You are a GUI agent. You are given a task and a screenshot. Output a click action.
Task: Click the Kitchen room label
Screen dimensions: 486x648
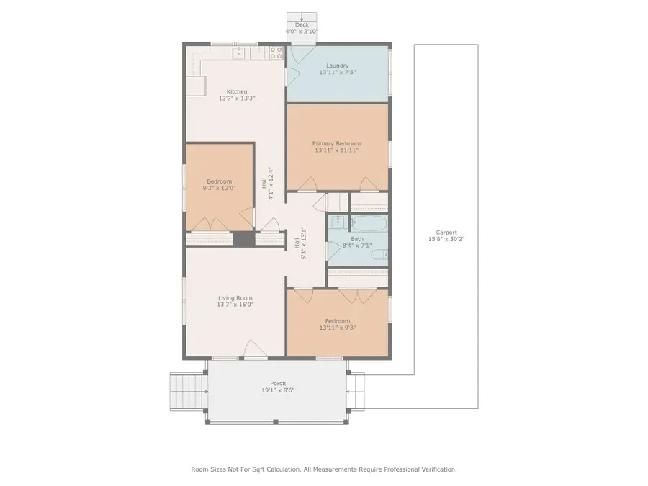[237, 91]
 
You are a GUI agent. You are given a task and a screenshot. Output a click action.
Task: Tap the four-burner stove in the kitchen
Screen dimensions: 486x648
[276, 53]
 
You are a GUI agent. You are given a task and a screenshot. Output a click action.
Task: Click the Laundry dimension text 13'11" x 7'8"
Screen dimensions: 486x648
[337, 73]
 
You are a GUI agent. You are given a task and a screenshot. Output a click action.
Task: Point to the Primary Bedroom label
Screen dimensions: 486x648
[336, 143]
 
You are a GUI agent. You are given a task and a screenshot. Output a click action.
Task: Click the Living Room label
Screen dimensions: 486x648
[235, 297]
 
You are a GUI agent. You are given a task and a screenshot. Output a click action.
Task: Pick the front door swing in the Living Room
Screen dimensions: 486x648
[256, 348]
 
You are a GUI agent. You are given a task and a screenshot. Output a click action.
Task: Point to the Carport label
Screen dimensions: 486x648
[446, 233]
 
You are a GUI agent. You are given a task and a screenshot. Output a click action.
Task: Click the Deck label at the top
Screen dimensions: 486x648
[302, 24]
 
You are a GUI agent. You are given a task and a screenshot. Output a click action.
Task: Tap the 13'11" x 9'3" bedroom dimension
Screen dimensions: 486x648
[337, 328]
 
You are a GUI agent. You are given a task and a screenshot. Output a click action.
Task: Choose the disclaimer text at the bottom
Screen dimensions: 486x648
[323, 469]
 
